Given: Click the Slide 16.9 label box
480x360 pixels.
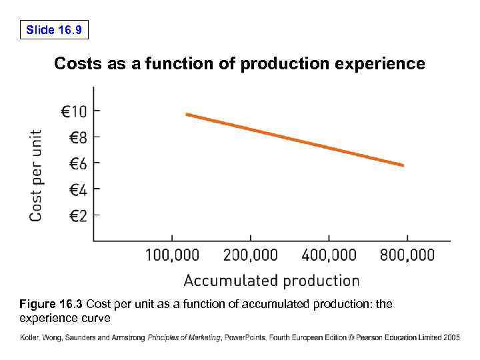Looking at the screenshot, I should [54, 30].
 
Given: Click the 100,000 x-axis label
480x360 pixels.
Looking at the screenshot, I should [172, 255].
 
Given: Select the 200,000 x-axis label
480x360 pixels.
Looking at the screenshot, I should [251, 255].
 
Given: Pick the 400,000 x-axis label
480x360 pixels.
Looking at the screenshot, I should [329, 255].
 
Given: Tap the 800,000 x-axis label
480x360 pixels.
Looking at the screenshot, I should [407, 255].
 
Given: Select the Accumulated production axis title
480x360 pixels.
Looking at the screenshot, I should [271, 281].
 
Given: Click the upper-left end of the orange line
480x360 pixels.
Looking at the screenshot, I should [187, 115].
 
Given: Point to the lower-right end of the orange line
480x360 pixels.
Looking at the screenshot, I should [402, 165].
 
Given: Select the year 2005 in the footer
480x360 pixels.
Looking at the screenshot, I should [451, 338].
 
